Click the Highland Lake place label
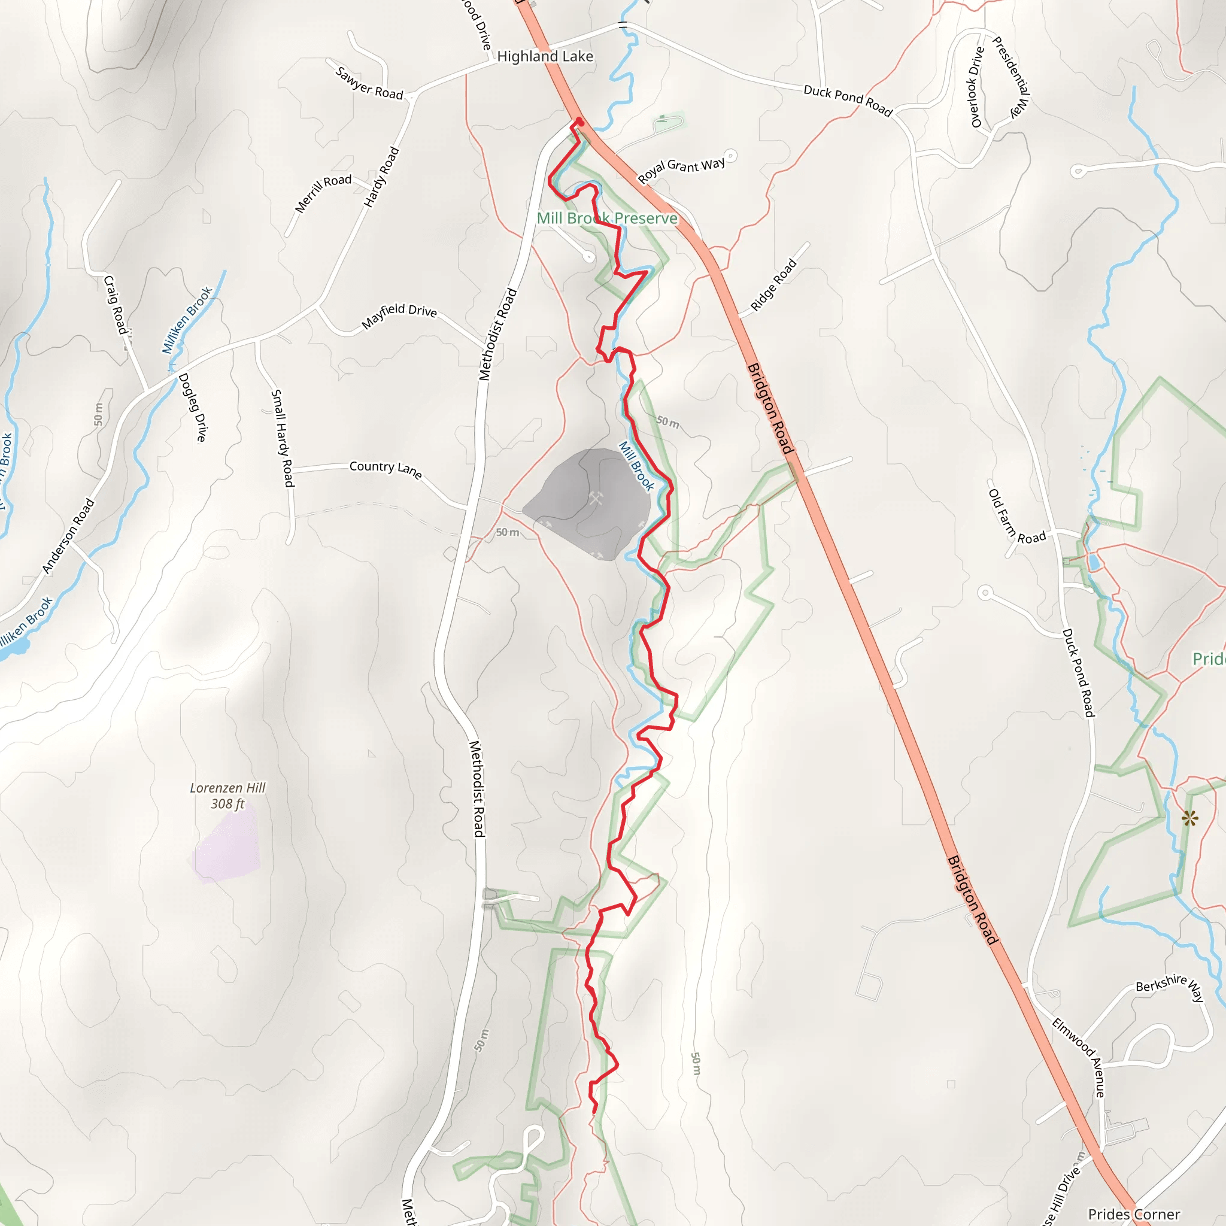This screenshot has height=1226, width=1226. tap(545, 56)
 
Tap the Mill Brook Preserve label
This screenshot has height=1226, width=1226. tap(606, 219)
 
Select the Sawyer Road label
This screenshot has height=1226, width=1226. tap(369, 83)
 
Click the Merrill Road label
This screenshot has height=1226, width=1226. tap(323, 193)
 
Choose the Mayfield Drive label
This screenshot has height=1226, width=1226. tap(399, 315)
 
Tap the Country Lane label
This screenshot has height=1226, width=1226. tap(385, 469)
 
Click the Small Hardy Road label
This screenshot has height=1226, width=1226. tap(283, 438)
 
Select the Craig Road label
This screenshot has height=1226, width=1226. tap(116, 305)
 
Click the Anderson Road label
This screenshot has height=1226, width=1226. tap(68, 536)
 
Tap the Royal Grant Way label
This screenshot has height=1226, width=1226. tap(681, 169)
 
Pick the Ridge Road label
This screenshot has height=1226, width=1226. tap(773, 285)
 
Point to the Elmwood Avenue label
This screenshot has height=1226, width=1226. tap(1079, 1057)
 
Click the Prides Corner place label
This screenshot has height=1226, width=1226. tap(1133, 1214)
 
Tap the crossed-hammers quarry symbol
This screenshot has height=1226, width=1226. tap(595, 498)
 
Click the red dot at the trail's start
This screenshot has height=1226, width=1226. tap(579, 120)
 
